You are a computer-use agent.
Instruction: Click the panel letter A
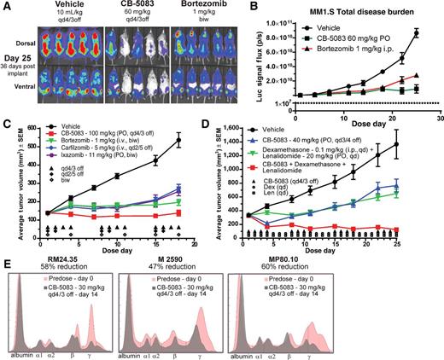tap(6, 7)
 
